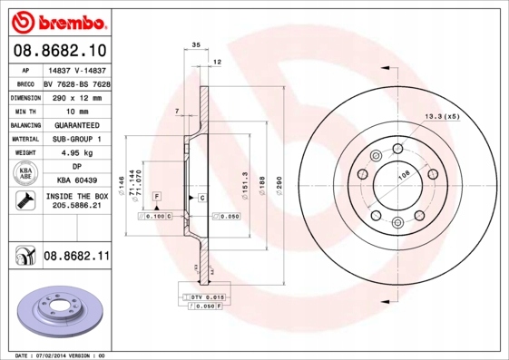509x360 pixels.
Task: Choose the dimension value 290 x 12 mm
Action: click(x=76, y=95)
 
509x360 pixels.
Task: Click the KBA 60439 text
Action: click(x=76, y=180)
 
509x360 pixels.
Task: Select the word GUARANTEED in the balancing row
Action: click(x=76, y=124)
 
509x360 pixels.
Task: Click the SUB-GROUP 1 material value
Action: click(x=76, y=139)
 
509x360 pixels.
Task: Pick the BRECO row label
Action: click(x=25, y=83)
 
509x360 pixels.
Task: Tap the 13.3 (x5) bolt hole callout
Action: click(x=442, y=117)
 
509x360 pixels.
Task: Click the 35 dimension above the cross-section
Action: click(x=195, y=44)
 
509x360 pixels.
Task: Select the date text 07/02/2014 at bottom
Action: click(x=58, y=355)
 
